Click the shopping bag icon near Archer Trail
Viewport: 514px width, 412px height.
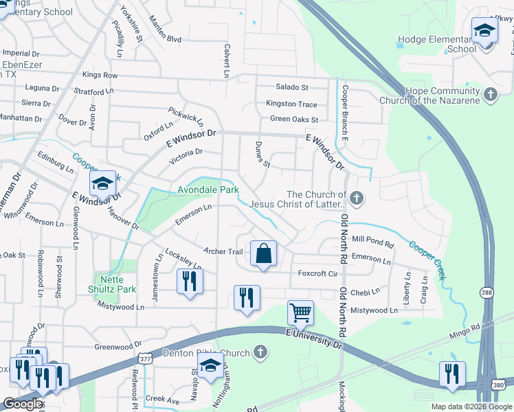point(263,254)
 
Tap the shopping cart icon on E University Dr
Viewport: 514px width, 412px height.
point(300,313)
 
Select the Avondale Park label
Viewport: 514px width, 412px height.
point(208,190)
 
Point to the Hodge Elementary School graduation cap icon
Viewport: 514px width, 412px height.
point(484,32)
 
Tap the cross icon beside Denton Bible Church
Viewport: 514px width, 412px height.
point(259,353)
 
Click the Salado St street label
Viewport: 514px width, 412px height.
point(292,87)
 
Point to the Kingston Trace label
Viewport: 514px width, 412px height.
point(292,104)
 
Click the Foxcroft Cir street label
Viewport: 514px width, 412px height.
point(317,273)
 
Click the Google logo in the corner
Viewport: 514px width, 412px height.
point(23,404)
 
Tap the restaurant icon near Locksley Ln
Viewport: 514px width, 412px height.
point(190,282)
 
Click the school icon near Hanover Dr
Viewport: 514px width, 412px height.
point(102,184)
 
